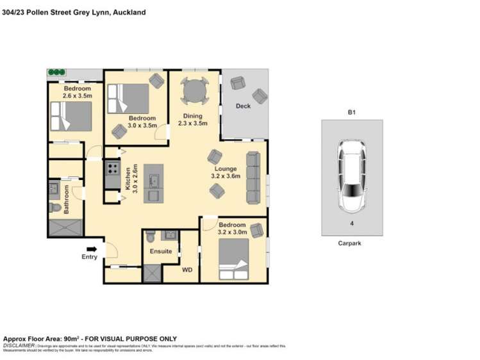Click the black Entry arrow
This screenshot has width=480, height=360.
click(92, 249)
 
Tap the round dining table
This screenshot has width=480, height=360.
click(193, 91)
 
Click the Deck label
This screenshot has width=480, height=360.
click(243, 106)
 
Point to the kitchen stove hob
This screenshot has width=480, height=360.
click(112, 170)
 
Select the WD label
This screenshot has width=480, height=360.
click(187, 270)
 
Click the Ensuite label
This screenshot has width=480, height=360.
click(161, 251)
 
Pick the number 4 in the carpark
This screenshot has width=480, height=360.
click(351, 224)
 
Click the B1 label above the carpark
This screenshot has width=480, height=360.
click(351, 112)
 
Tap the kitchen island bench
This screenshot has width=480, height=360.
click(154, 182)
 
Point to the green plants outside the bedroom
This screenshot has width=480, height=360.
click(57, 72)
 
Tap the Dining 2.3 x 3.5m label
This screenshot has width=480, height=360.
click(192, 120)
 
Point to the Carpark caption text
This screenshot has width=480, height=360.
click(351, 243)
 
